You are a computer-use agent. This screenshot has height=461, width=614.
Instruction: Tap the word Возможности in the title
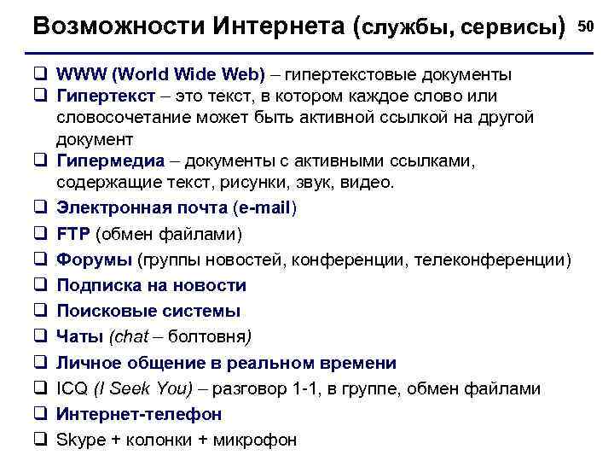pyautogui.click(x=115, y=27)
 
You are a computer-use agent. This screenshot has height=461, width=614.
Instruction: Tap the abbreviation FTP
pyautogui.click(x=73, y=233)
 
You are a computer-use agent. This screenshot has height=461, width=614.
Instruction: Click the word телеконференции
pyautogui.click(x=490, y=260)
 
